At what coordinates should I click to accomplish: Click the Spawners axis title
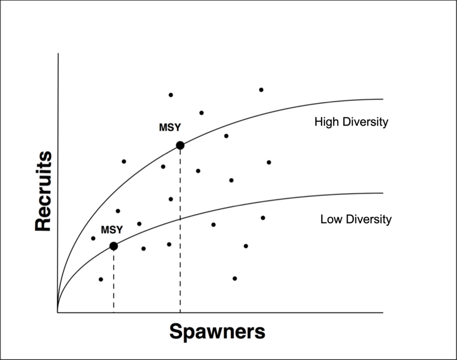coord(217,332)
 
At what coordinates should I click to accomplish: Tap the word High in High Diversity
coord(326,122)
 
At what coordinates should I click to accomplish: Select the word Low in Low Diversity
coord(330,219)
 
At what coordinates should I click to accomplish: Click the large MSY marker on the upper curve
coord(180,145)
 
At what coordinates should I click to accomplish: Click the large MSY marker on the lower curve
coord(113,246)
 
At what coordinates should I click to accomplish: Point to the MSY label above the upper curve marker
coord(170,128)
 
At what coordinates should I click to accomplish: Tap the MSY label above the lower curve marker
coord(112,230)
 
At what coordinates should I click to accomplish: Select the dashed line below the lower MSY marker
coord(113,281)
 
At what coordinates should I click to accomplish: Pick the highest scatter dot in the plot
coord(261,89)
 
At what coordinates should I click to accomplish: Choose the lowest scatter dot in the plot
coord(100,279)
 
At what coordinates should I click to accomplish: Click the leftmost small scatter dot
coord(93,238)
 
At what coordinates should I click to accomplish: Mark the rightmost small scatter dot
coord(269,162)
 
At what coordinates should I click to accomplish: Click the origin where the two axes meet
coord(58,312)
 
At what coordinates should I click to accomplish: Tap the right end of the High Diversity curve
coord(382,99)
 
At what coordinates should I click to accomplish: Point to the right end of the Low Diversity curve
coord(382,193)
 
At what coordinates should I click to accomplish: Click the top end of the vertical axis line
coord(58,53)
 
